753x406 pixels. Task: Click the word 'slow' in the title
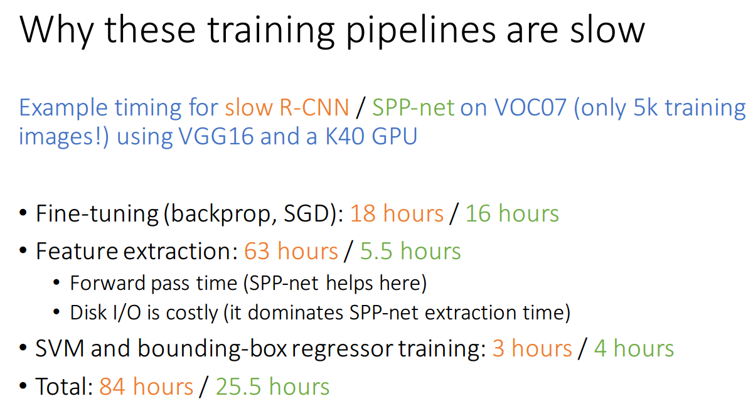click(x=607, y=29)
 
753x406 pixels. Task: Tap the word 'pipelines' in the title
click(x=421, y=33)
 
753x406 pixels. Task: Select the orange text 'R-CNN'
click(x=314, y=107)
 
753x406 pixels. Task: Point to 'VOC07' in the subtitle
click(x=530, y=107)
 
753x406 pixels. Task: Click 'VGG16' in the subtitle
click(x=216, y=136)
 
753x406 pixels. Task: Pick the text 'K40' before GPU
click(x=344, y=136)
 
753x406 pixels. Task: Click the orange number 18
click(x=363, y=213)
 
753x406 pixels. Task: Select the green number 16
click(x=478, y=213)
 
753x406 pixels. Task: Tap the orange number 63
click(x=257, y=251)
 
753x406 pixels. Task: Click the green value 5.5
click(x=376, y=251)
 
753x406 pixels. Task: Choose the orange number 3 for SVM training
click(x=498, y=348)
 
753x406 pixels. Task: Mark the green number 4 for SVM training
click(x=600, y=348)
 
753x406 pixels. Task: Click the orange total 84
click(x=112, y=387)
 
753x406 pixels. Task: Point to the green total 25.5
click(x=238, y=387)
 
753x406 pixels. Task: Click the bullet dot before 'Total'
click(x=23, y=386)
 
